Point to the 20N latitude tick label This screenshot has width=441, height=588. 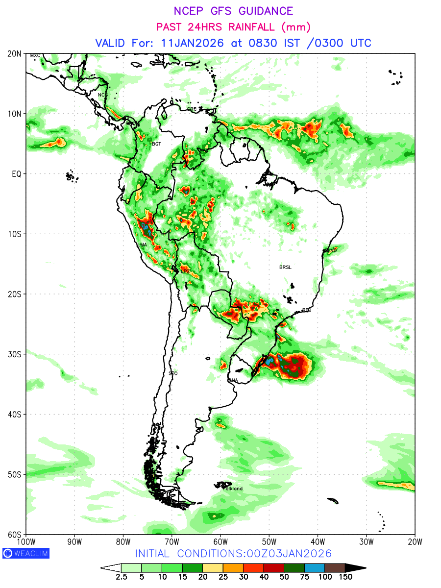pyautogui.click(x=15, y=53)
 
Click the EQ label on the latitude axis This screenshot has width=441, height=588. pyautogui.click(x=17, y=173)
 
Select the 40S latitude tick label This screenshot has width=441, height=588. pyautogui.click(x=15, y=414)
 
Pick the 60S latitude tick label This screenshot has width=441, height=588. pyautogui.click(x=15, y=534)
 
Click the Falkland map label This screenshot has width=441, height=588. pyautogui.click(x=233, y=489)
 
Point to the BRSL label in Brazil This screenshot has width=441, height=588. pyautogui.click(x=285, y=267)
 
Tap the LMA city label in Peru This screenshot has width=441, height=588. pyautogui.click(x=142, y=245)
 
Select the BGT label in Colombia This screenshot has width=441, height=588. pyautogui.click(x=156, y=144)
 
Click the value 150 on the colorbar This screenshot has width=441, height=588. pyautogui.click(x=345, y=577)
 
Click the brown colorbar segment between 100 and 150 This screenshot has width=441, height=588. pyautogui.click(x=335, y=567)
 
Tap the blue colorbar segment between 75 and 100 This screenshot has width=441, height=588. pyautogui.click(x=315, y=567)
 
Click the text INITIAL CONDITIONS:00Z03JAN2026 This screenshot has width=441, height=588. pyautogui.click(x=233, y=553)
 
